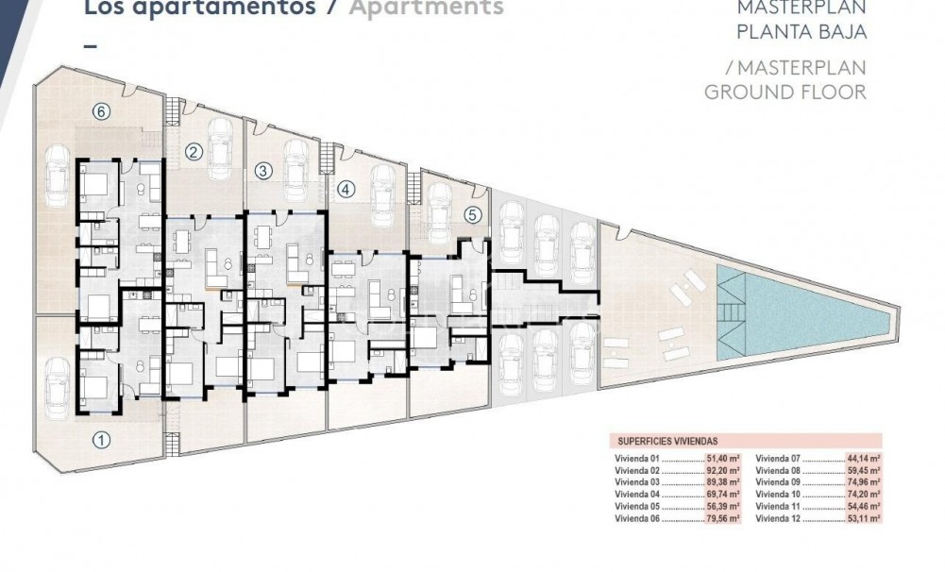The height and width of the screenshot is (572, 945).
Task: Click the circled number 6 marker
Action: [x=102, y=111]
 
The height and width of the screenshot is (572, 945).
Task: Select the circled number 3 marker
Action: [x=263, y=171]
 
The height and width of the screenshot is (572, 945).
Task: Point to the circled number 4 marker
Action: [x=346, y=189]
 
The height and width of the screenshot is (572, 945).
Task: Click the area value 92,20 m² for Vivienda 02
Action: [x=723, y=469]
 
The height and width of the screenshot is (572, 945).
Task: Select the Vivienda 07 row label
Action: [x=777, y=457]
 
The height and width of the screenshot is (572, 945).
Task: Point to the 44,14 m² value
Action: [x=864, y=457]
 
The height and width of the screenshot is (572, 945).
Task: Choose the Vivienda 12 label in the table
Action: [x=777, y=518]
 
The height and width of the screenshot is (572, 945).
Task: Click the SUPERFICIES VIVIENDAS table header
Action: [x=667, y=441]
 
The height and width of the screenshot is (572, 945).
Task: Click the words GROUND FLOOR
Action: [x=785, y=92]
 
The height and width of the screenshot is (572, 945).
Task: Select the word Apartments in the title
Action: [x=427, y=8]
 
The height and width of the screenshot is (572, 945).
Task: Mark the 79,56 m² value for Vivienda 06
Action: [x=723, y=518]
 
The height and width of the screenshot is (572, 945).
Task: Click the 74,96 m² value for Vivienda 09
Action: [x=864, y=481]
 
